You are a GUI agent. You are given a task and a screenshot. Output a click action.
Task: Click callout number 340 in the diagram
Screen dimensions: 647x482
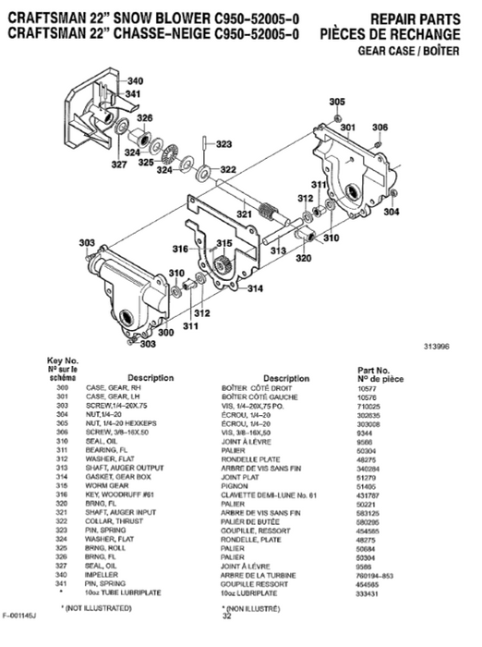click(x=135, y=81)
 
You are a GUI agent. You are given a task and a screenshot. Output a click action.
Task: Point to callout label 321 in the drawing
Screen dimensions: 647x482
click(x=243, y=214)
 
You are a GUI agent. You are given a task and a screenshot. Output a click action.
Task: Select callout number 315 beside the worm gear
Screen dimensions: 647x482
click(x=223, y=244)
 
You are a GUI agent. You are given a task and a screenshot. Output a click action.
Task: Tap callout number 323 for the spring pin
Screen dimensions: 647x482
click(x=223, y=144)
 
